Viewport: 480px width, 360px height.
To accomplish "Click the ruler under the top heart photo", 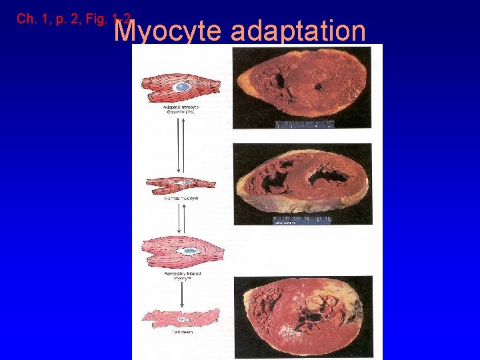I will [x=305, y=124].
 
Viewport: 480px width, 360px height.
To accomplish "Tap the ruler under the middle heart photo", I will [x=301, y=219].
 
